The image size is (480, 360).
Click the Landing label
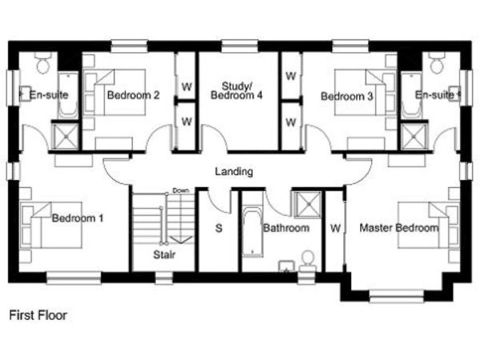[x=234, y=171]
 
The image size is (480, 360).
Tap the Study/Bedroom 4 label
[x=237, y=90]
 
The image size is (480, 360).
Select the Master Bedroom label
[x=399, y=228]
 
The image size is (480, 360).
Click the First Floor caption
[x=38, y=315]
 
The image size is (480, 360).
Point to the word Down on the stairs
[x=181, y=190]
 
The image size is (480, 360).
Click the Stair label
[x=164, y=254]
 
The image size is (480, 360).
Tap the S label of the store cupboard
[x=218, y=228]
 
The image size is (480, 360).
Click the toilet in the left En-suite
[x=43, y=62]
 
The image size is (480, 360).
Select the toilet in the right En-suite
[x=436, y=62]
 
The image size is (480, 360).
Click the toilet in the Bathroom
[x=308, y=261]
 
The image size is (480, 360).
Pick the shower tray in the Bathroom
[x=307, y=204]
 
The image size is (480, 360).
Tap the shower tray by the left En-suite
[x=65, y=137]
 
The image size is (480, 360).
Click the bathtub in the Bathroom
[x=253, y=231]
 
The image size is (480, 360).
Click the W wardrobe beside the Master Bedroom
[x=335, y=228]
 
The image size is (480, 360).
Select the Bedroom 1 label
[x=78, y=218]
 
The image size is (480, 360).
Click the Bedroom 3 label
[x=347, y=97]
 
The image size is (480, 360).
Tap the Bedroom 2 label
[x=133, y=95]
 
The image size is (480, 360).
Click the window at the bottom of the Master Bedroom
[x=397, y=296]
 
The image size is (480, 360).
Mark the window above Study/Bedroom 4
[x=239, y=46]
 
